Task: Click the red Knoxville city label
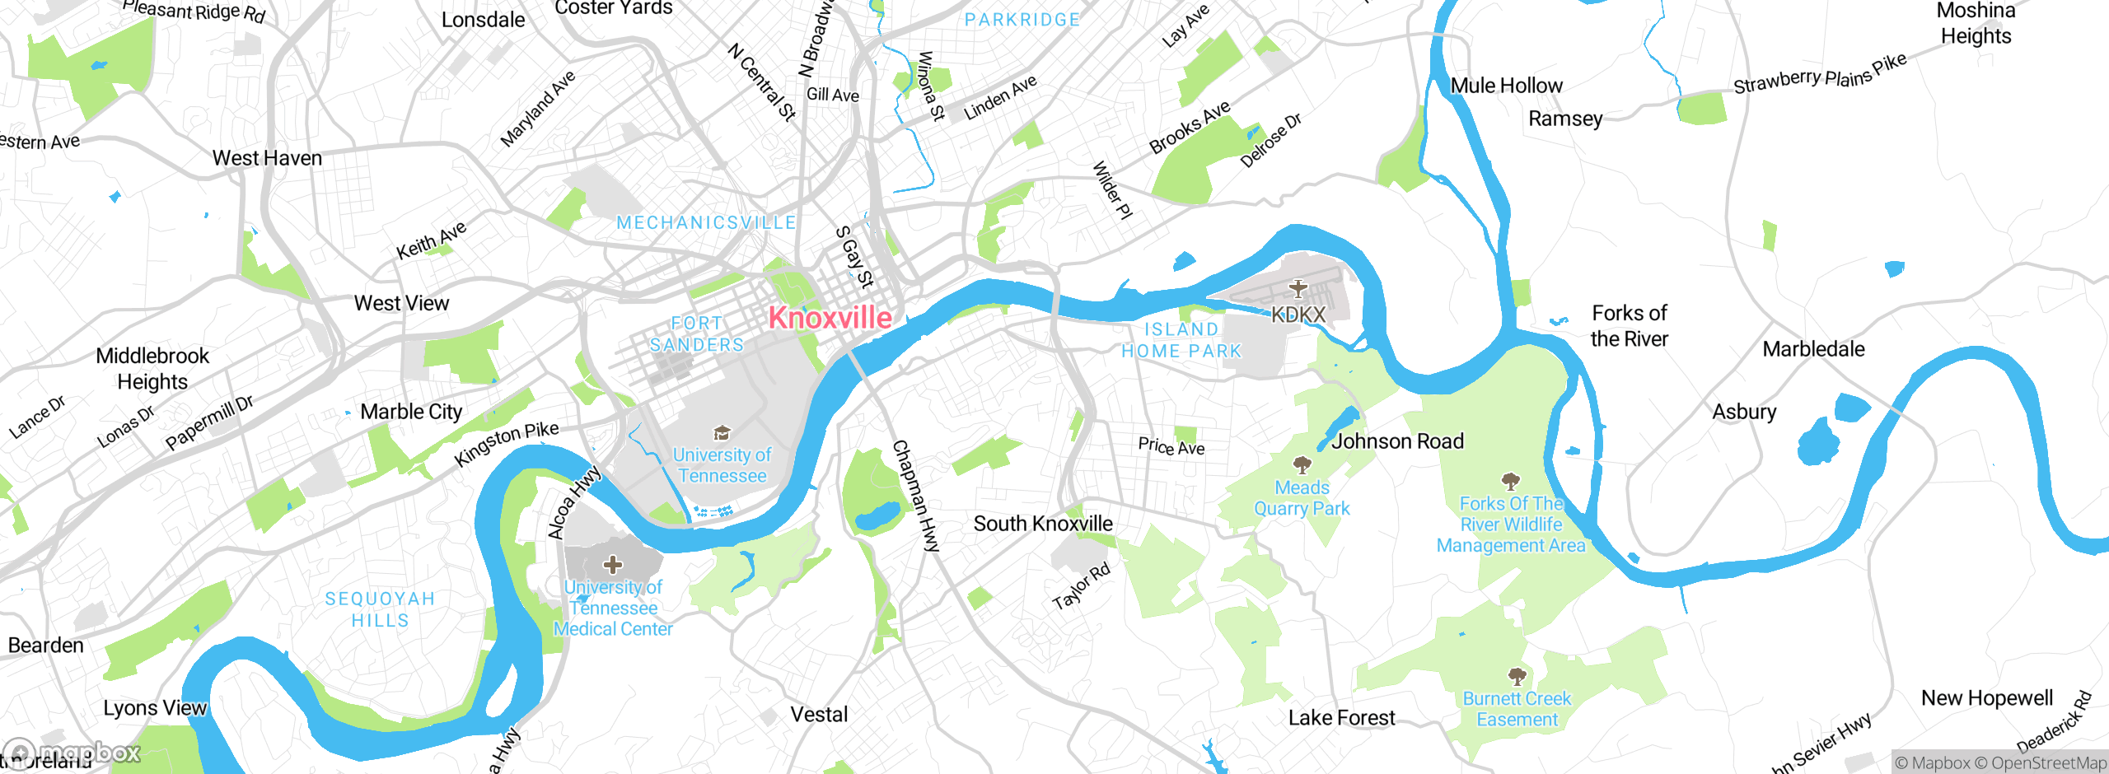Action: click(830, 318)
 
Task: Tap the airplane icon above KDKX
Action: click(1298, 288)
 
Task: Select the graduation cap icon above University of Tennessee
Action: click(722, 433)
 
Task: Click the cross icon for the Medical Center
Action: click(613, 565)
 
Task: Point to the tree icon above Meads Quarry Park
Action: click(1302, 465)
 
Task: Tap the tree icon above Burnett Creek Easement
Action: click(1517, 677)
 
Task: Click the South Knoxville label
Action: click(1042, 524)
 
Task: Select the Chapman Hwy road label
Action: click(916, 496)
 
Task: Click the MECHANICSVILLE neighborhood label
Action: click(706, 222)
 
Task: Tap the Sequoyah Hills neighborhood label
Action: click(380, 609)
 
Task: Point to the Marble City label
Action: click(411, 411)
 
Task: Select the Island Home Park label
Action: click(1181, 340)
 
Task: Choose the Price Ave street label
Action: click(1171, 446)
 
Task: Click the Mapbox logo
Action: click(72, 753)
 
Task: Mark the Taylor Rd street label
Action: click(1082, 586)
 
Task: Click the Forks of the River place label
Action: click(1629, 326)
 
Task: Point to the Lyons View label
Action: click(155, 708)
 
